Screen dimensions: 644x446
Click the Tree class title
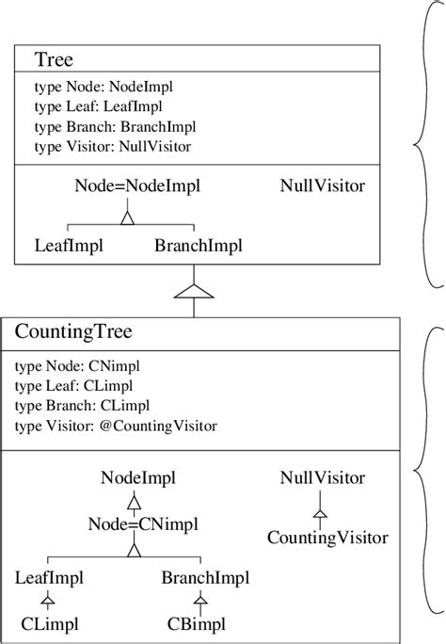click(54, 60)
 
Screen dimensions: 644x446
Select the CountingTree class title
click(73, 332)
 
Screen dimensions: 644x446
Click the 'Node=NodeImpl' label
click(125, 185)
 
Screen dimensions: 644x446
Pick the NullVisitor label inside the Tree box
click(323, 185)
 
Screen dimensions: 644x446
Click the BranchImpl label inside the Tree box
click(198, 246)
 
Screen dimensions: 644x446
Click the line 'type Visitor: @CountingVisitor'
click(117, 427)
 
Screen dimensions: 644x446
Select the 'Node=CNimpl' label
click(134, 523)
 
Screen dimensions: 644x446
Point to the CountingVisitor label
click(327, 538)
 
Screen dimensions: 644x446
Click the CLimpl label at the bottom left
click(49, 623)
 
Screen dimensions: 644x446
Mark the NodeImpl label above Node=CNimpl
click(134, 478)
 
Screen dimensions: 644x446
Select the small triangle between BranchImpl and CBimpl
click(199, 599)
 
